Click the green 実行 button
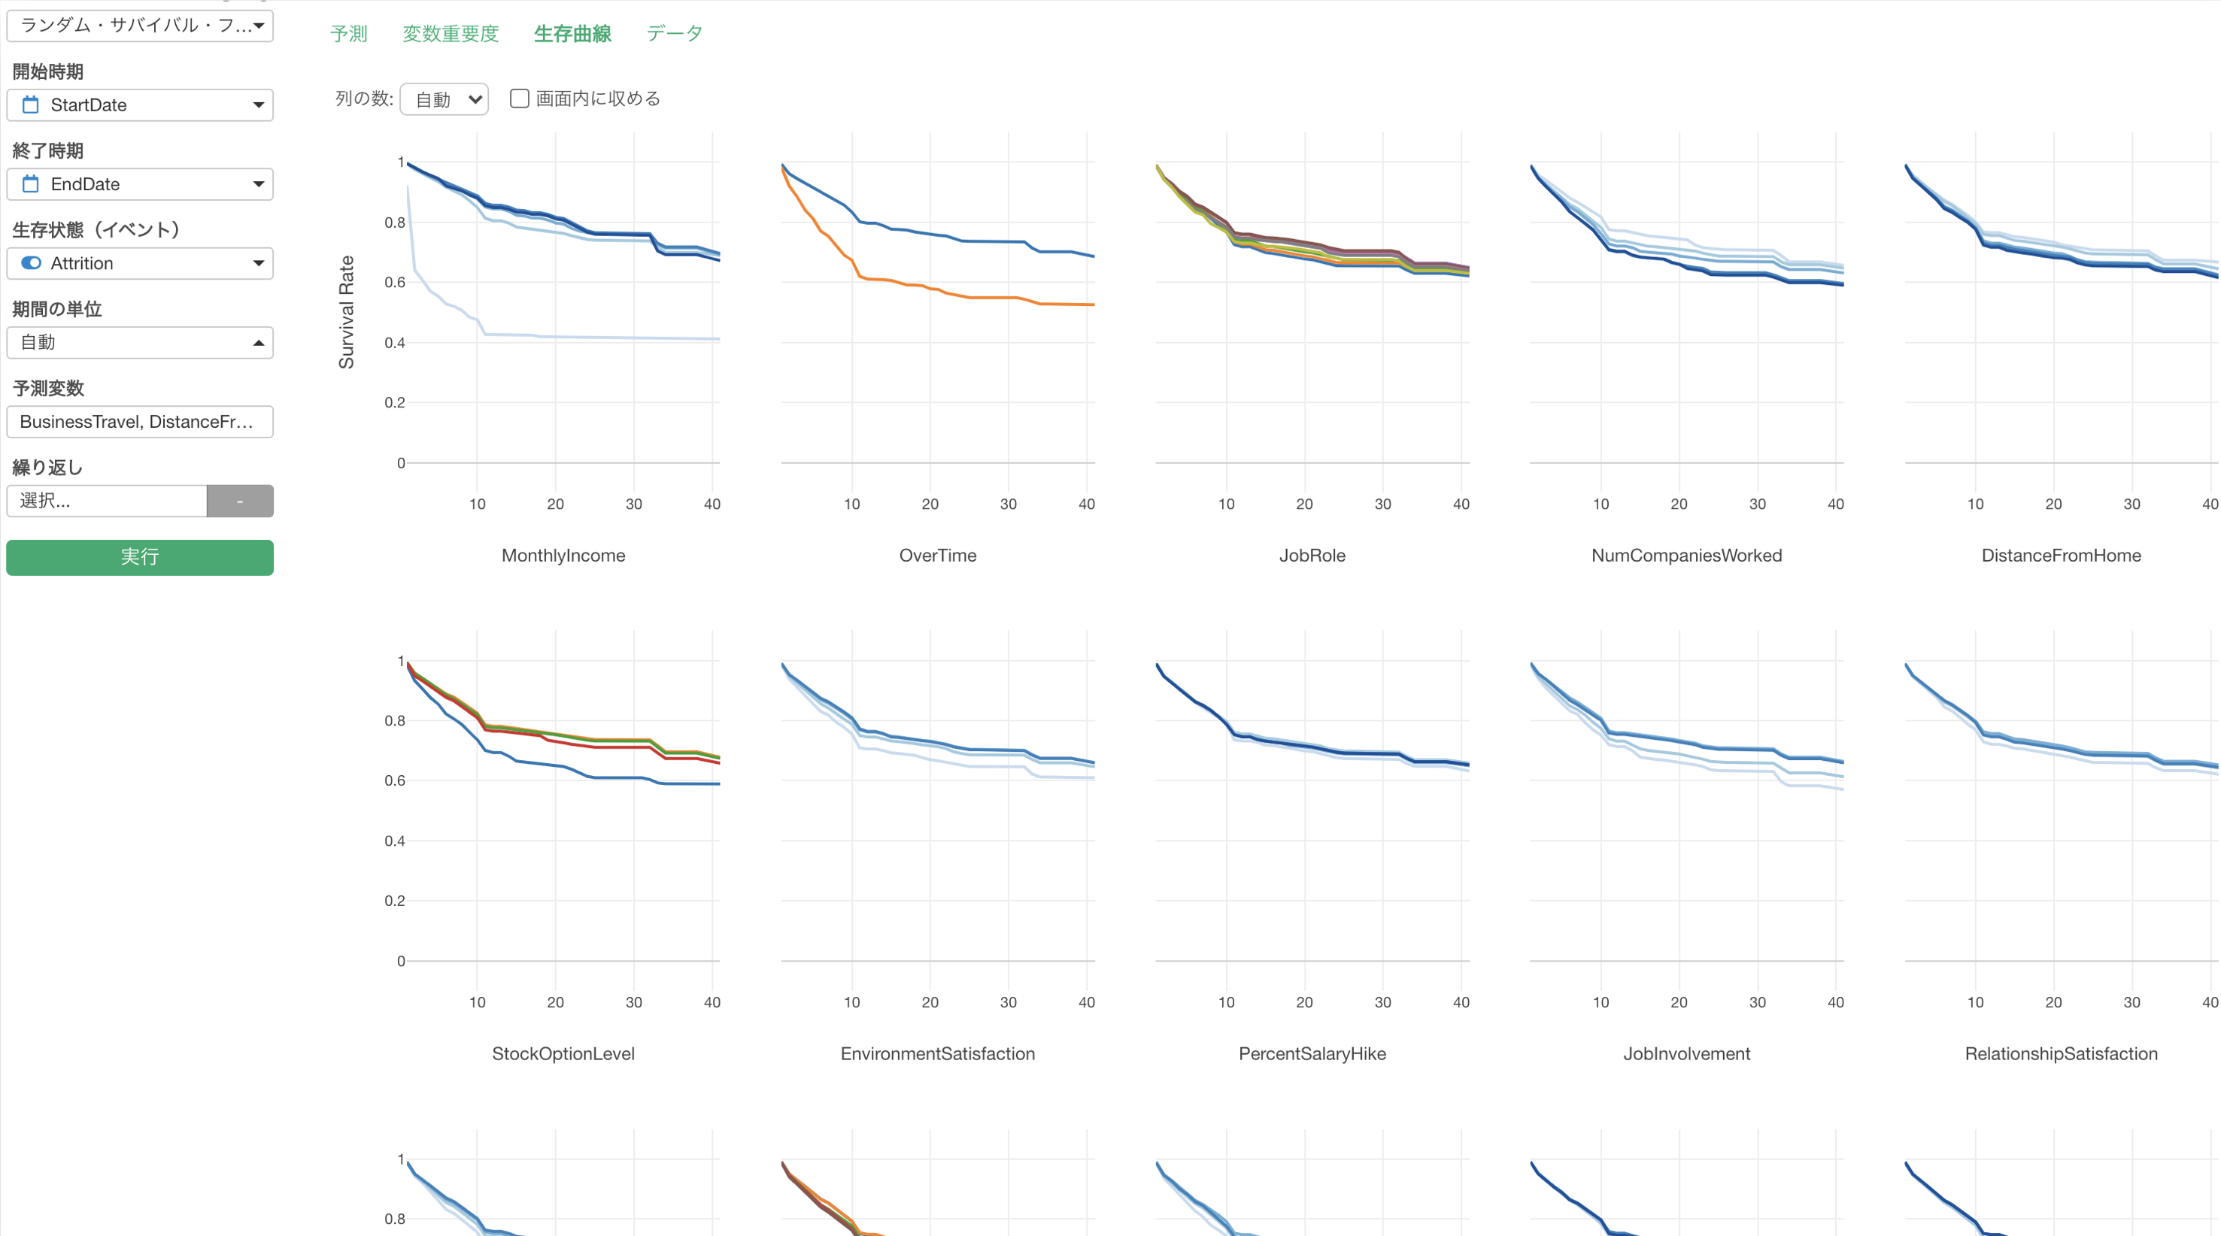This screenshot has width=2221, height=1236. [140, 557]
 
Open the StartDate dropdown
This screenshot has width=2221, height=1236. [140, 105]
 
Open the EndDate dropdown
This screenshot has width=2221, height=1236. [140, 183]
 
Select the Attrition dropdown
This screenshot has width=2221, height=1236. [140, 263]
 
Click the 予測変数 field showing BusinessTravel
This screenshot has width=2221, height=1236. [140, 422]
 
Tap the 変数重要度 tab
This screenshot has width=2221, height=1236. [450, 34]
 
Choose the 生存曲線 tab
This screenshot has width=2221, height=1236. [572, 34]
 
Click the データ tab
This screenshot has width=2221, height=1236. [674, 34]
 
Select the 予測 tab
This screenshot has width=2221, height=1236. [348, 34]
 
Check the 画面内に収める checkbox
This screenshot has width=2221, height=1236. [519, 98]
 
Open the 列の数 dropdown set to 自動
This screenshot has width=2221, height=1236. [444, 99]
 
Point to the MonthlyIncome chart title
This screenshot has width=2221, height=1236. [563, 555]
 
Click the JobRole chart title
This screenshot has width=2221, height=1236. [1312, 555]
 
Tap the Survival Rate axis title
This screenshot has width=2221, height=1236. [347, 312]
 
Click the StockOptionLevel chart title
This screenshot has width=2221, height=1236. [563, 1053]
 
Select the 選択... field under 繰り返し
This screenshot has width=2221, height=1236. [107, 501]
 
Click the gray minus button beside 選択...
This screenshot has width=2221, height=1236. [240, 501]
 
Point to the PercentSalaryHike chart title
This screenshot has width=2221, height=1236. [1312, 1053]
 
